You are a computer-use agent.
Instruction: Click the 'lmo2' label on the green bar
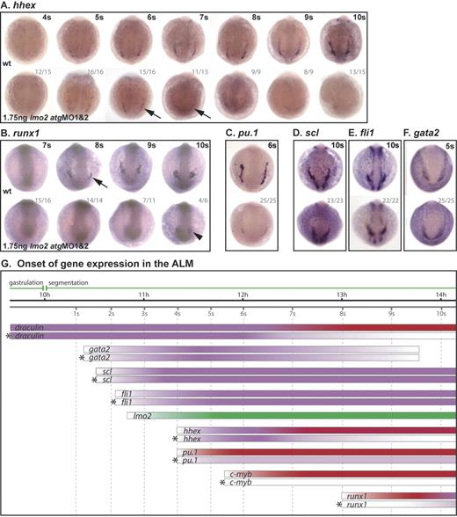[x=142, y=414]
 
